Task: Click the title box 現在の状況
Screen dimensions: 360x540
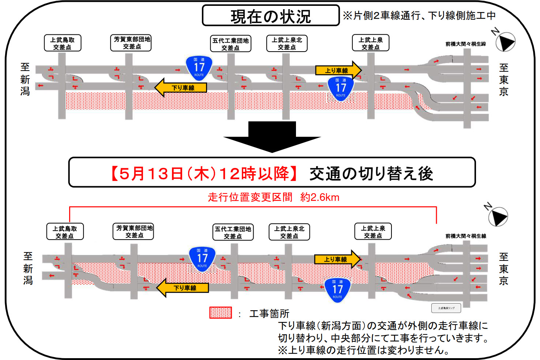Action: (271, 16)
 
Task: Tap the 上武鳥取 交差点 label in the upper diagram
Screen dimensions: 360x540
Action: (63, 43)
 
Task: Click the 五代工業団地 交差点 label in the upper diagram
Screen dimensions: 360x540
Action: (231, 44)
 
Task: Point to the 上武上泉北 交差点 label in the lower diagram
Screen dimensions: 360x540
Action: (289, 232)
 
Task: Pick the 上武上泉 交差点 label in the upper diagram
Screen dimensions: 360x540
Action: (371, 43)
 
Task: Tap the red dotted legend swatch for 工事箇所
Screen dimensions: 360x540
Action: (221, 313)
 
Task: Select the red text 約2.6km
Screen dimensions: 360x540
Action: (320, 198)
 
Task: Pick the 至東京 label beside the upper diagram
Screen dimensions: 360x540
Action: (504, 80)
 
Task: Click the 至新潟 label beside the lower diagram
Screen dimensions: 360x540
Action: (28, 269)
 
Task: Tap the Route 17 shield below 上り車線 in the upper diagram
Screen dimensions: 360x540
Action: (341, 89)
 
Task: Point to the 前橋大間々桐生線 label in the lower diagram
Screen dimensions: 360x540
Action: (466, 236)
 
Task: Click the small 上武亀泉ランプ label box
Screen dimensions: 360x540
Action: (446, 308)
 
